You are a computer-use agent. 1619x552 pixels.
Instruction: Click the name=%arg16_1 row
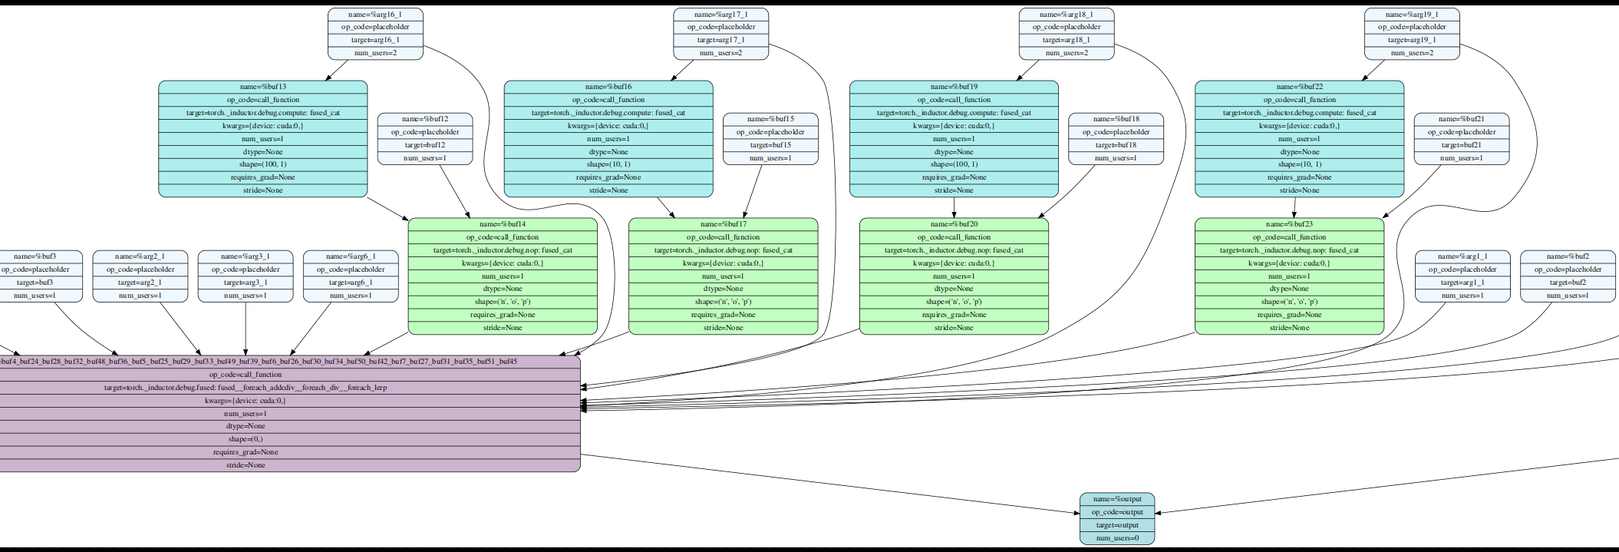click(375, 14)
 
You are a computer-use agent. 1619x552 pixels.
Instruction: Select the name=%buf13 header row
click(262, 87)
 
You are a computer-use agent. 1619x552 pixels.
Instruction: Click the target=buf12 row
click(424, 145)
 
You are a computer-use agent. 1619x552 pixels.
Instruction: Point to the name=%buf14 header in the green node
click(503, 224)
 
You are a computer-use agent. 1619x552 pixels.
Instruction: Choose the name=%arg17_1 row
click(720, 14)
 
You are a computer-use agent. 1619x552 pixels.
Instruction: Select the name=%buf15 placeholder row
click(770, 119)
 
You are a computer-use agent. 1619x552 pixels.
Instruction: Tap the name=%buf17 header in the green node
click(723, 224)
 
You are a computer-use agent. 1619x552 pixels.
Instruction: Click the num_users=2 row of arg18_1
click(1067, 53)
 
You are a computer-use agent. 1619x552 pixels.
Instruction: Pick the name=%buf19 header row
click(954, 87)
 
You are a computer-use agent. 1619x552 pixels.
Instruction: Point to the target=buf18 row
click(1116, 145)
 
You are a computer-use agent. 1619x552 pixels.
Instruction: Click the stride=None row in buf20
click(954, 328)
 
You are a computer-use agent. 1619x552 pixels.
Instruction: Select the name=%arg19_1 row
click(1412, 14)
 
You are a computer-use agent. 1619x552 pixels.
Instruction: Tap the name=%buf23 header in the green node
click(1289, 224)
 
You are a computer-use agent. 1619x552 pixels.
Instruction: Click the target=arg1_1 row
click(1462, 283)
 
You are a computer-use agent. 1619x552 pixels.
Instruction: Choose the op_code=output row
click(1117, 512)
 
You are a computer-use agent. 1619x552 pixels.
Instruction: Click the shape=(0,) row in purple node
click(246, 439)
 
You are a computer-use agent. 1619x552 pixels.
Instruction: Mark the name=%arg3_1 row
click(246, 256)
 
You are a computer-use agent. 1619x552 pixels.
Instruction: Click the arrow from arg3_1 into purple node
click(246, 330)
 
